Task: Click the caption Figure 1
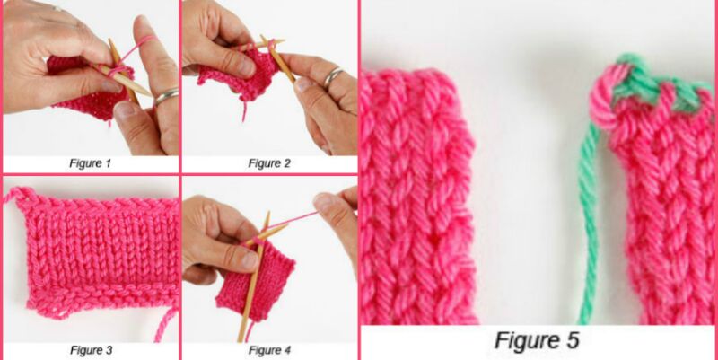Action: point(91,163)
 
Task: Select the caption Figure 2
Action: point(269,163)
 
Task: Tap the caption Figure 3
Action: point(92,350)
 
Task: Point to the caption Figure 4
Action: point(270,350)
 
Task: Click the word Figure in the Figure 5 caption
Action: point(525,341)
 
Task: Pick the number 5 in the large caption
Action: point(571,341)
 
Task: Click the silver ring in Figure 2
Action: point(334,77)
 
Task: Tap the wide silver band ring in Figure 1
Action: point(166,96)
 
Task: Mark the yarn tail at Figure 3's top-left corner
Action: point(17,196)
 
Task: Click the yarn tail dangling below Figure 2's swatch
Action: point(244,110)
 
